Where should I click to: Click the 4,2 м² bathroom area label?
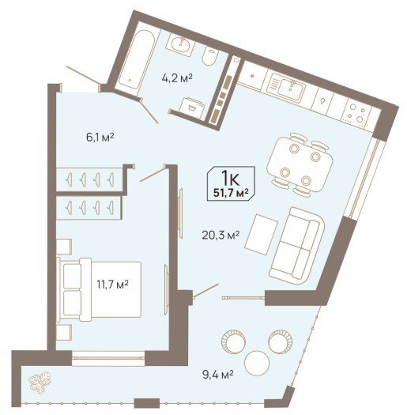point(177,78)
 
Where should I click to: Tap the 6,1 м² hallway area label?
point(100,138)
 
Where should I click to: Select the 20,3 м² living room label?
point(220,235)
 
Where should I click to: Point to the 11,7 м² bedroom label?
point(112,285)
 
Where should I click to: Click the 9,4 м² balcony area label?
point(218,375)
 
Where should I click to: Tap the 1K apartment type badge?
point(231,183)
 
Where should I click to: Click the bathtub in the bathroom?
point(137,61)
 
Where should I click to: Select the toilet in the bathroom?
point(210,57)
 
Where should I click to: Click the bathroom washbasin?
point(180,45)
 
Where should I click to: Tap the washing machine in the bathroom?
point(192,108)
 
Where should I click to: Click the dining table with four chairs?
point(300,164)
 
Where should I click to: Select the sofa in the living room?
point(297,246)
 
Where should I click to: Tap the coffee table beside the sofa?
point(261,234)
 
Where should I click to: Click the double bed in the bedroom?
point(99,289)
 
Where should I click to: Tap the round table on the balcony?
point(257,363)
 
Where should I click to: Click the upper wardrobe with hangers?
point(90,179)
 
